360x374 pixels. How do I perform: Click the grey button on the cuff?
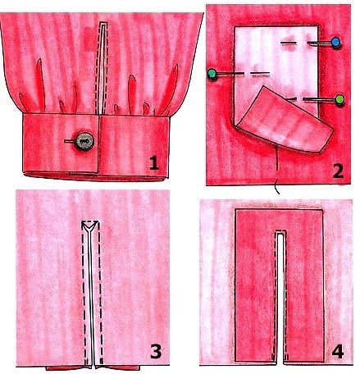click(x=84, y=141)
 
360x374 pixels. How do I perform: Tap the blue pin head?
click(x=335, y=42)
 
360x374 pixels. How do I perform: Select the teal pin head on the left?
click(x=212, y=73)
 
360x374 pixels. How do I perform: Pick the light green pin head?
click(x=339, y=99)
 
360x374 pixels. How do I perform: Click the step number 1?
click(x=154, y=163)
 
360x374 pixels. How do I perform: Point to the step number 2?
click(x=337, y=171)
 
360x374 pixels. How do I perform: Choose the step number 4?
click(x=338, y=351)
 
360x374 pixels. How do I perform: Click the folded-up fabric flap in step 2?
click(x=285, y=121)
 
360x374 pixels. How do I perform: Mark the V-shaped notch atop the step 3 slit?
click(x=90, y=226)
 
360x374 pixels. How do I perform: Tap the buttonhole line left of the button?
click(x=70, y=141)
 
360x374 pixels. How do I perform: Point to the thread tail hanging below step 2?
click(x=277, y=170)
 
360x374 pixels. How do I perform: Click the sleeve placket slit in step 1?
click(x=102, y=68)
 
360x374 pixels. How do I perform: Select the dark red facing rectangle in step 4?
click(x=279, y=285)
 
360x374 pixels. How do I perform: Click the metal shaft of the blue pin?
click(x=319, y=43)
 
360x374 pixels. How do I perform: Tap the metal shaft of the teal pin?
click(x=229, y=74)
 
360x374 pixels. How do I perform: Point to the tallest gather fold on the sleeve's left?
click(x=40, y=84)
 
